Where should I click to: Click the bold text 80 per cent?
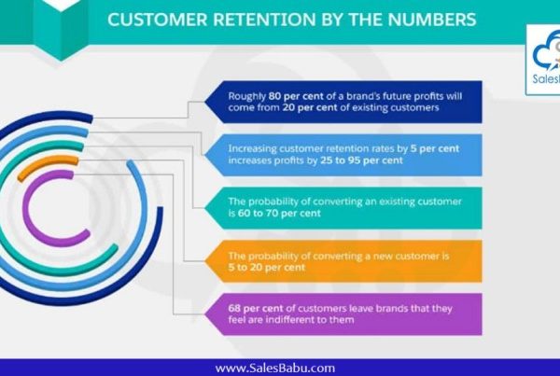[296, 96]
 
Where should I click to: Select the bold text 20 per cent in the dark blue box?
[310, 107]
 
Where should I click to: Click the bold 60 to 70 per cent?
[279, 213]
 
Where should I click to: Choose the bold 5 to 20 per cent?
[267, 268]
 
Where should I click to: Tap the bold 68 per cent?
[256, 308]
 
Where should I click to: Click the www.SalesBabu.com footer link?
[275, 368]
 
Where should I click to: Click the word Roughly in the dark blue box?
[247, 96]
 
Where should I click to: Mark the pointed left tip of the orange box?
[204, 261]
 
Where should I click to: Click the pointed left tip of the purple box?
[204, 314]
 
